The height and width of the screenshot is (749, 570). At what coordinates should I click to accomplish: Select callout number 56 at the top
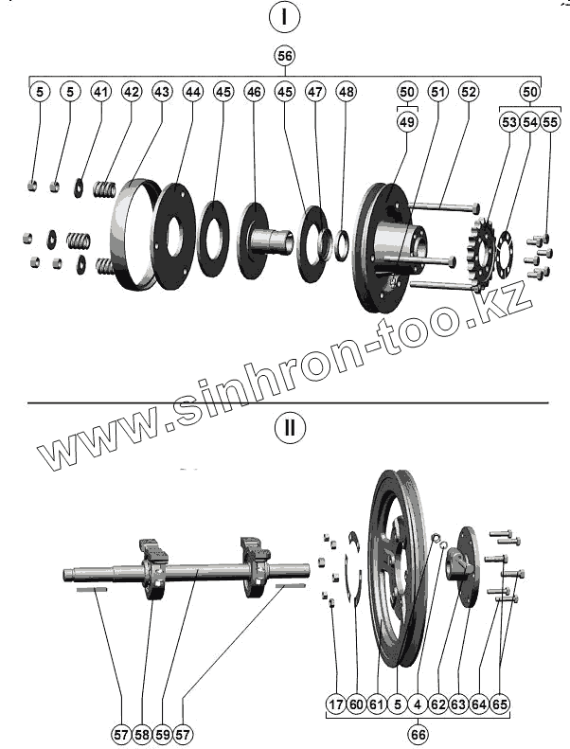pyautogui.click(x=284, y=55)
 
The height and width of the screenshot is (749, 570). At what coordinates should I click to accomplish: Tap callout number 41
pyautogui.click(x=101, y=92)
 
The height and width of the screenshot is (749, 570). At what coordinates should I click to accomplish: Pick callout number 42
pyautogui.click(x=132, y=92)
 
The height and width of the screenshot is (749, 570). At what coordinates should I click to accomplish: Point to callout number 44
pyautogui.click(x=193, y=92)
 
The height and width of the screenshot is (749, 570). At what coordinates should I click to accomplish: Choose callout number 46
pyautogui.click(x=254, y=92)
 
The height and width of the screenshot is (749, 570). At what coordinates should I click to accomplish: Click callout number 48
pyautogui.click(x=346, y=92)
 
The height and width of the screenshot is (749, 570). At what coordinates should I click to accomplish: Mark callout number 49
pyautogui.click(x=406, y=122)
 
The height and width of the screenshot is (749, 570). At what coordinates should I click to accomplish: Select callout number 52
pyautogui.click(x=468, y=92)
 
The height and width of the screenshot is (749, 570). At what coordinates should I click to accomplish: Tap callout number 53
pyautogui.click(x=509, y=122)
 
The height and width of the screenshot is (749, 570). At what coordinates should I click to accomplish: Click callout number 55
pyautogui.click(x=550, y=122)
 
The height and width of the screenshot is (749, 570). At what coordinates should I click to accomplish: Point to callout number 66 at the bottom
pyautogui.click(x=418, y=732)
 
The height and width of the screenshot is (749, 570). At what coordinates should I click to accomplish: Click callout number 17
pyautogui.click(x=335, y=705)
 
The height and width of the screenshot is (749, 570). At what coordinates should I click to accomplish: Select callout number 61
pyautogui.click(x=376, y=705)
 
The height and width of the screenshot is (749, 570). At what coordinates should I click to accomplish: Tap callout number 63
pyautogui.click(x=458, y=705)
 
